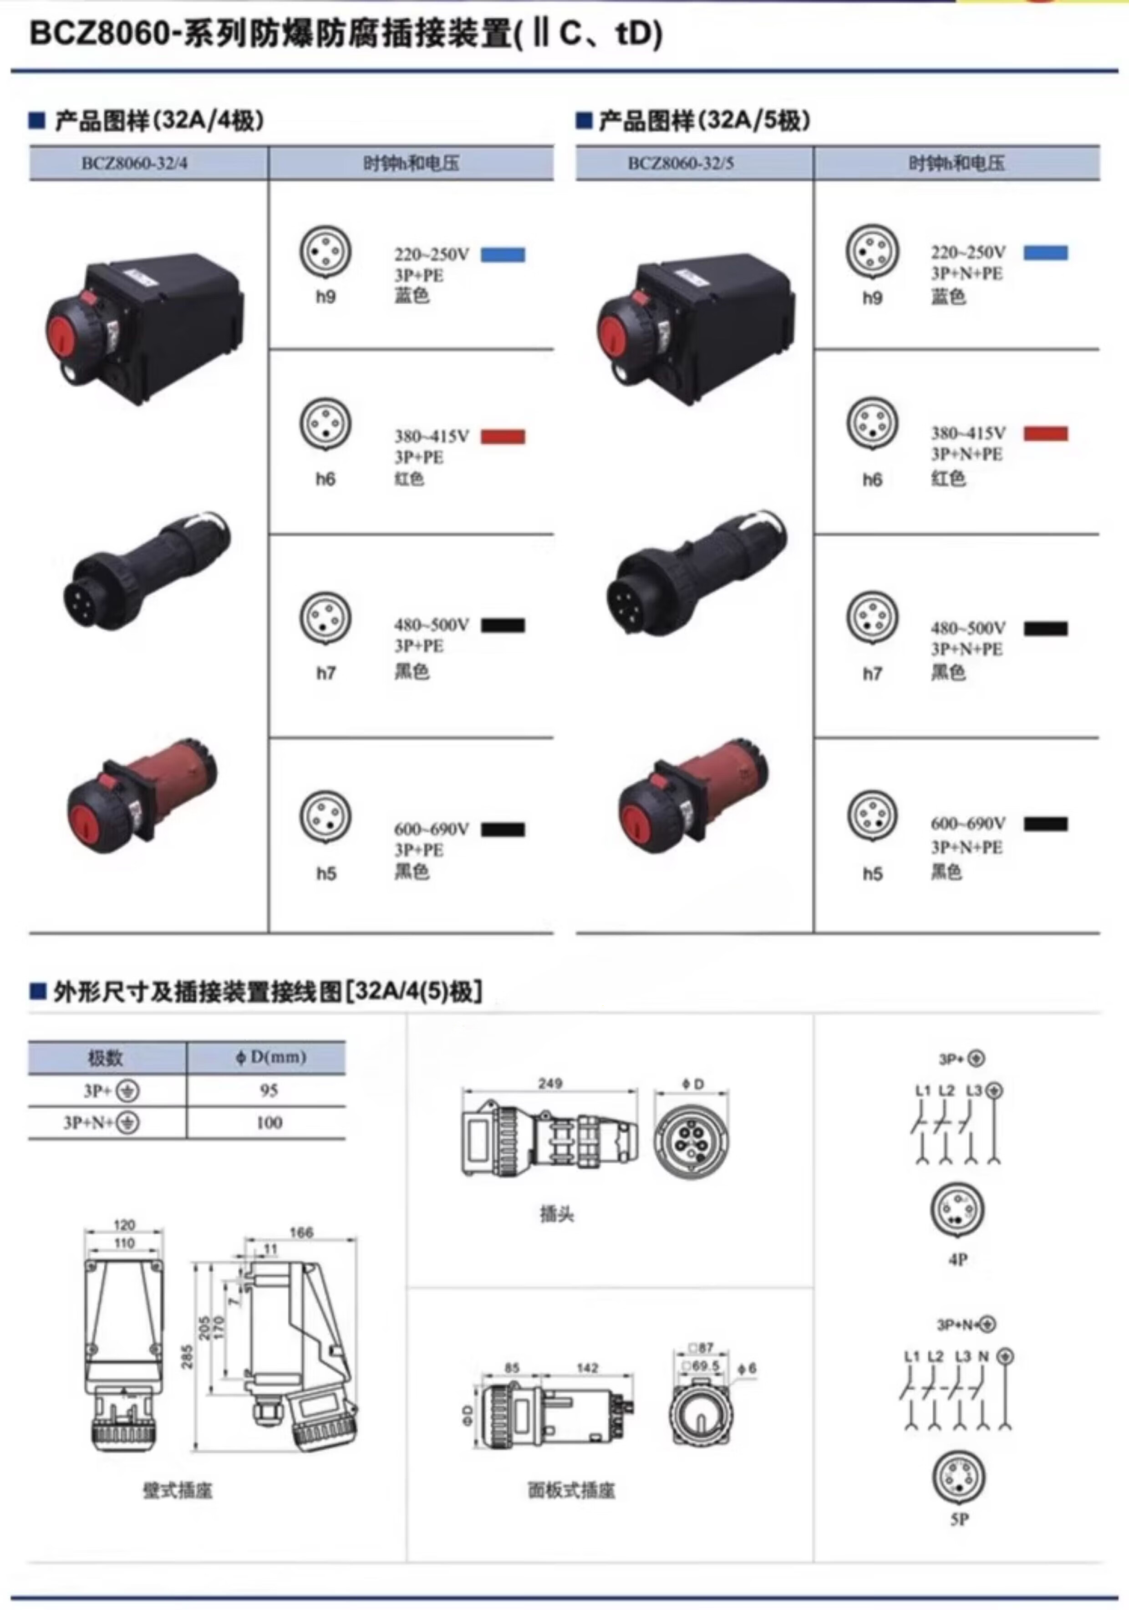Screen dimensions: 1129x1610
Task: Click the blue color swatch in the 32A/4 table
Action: pos(502,254)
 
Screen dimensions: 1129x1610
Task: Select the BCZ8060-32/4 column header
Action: pos(135,163)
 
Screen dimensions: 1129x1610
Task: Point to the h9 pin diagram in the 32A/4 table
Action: pos(325,251)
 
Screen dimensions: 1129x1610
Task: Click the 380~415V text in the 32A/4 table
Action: pos(431,436)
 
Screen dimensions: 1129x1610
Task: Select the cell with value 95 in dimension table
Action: pos(269,1090)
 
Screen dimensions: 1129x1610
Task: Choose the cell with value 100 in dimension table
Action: pos(269,1123)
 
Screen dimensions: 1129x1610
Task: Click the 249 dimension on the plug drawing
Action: pos(550,1083)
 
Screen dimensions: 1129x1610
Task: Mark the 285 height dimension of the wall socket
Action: pos(187,1361)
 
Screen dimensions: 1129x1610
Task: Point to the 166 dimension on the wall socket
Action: pos(301,1233)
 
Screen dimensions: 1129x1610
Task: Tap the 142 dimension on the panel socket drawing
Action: pos(588,1367)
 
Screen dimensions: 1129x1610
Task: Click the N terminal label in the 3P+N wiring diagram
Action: pos(983,1356)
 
